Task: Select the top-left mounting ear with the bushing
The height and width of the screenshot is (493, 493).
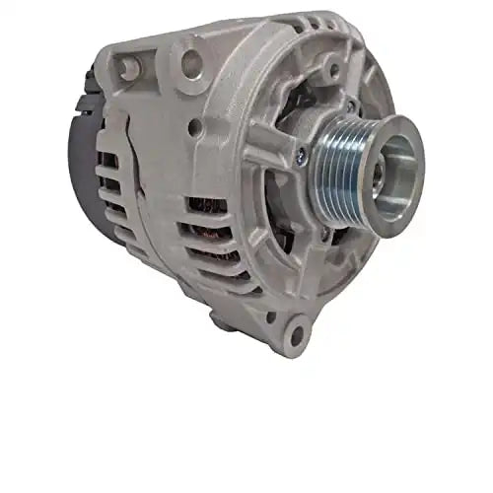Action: (x=127, y=66)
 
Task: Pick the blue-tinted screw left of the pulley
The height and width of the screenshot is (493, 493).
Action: (x=299, y=153)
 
